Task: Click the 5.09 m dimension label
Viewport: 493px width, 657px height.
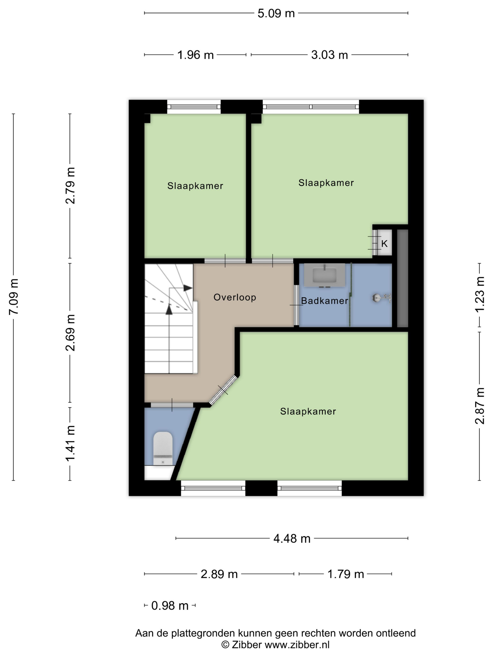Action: click(276, 13)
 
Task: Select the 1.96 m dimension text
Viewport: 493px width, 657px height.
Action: click(195, 55)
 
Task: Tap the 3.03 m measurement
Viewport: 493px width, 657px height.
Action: click(329, 55)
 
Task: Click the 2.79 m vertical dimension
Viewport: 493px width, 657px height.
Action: click(70, 186)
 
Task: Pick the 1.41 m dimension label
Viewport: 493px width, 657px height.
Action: click(70, 443)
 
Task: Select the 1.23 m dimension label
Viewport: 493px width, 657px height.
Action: click(480, 294)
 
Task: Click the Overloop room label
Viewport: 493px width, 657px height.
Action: click(235, 297)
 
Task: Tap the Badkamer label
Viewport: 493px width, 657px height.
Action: click(324, 301)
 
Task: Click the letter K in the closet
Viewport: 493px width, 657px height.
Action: click(384, 244)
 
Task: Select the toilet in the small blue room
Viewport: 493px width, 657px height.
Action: click(163, 448)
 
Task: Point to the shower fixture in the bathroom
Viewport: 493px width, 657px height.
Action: click(381, 297)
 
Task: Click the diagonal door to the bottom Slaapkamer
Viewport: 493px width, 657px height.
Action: click(223, 390)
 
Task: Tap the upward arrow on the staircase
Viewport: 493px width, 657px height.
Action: click(169, 309)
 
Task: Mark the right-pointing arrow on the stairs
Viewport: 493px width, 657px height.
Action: click(188, 288)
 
